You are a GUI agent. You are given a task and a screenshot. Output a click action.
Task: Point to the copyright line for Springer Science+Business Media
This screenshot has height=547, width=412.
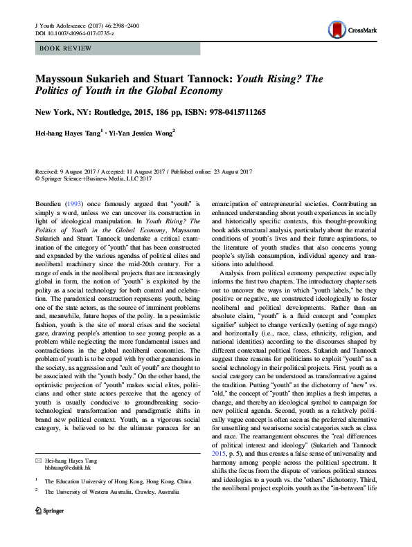coord(93,178)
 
